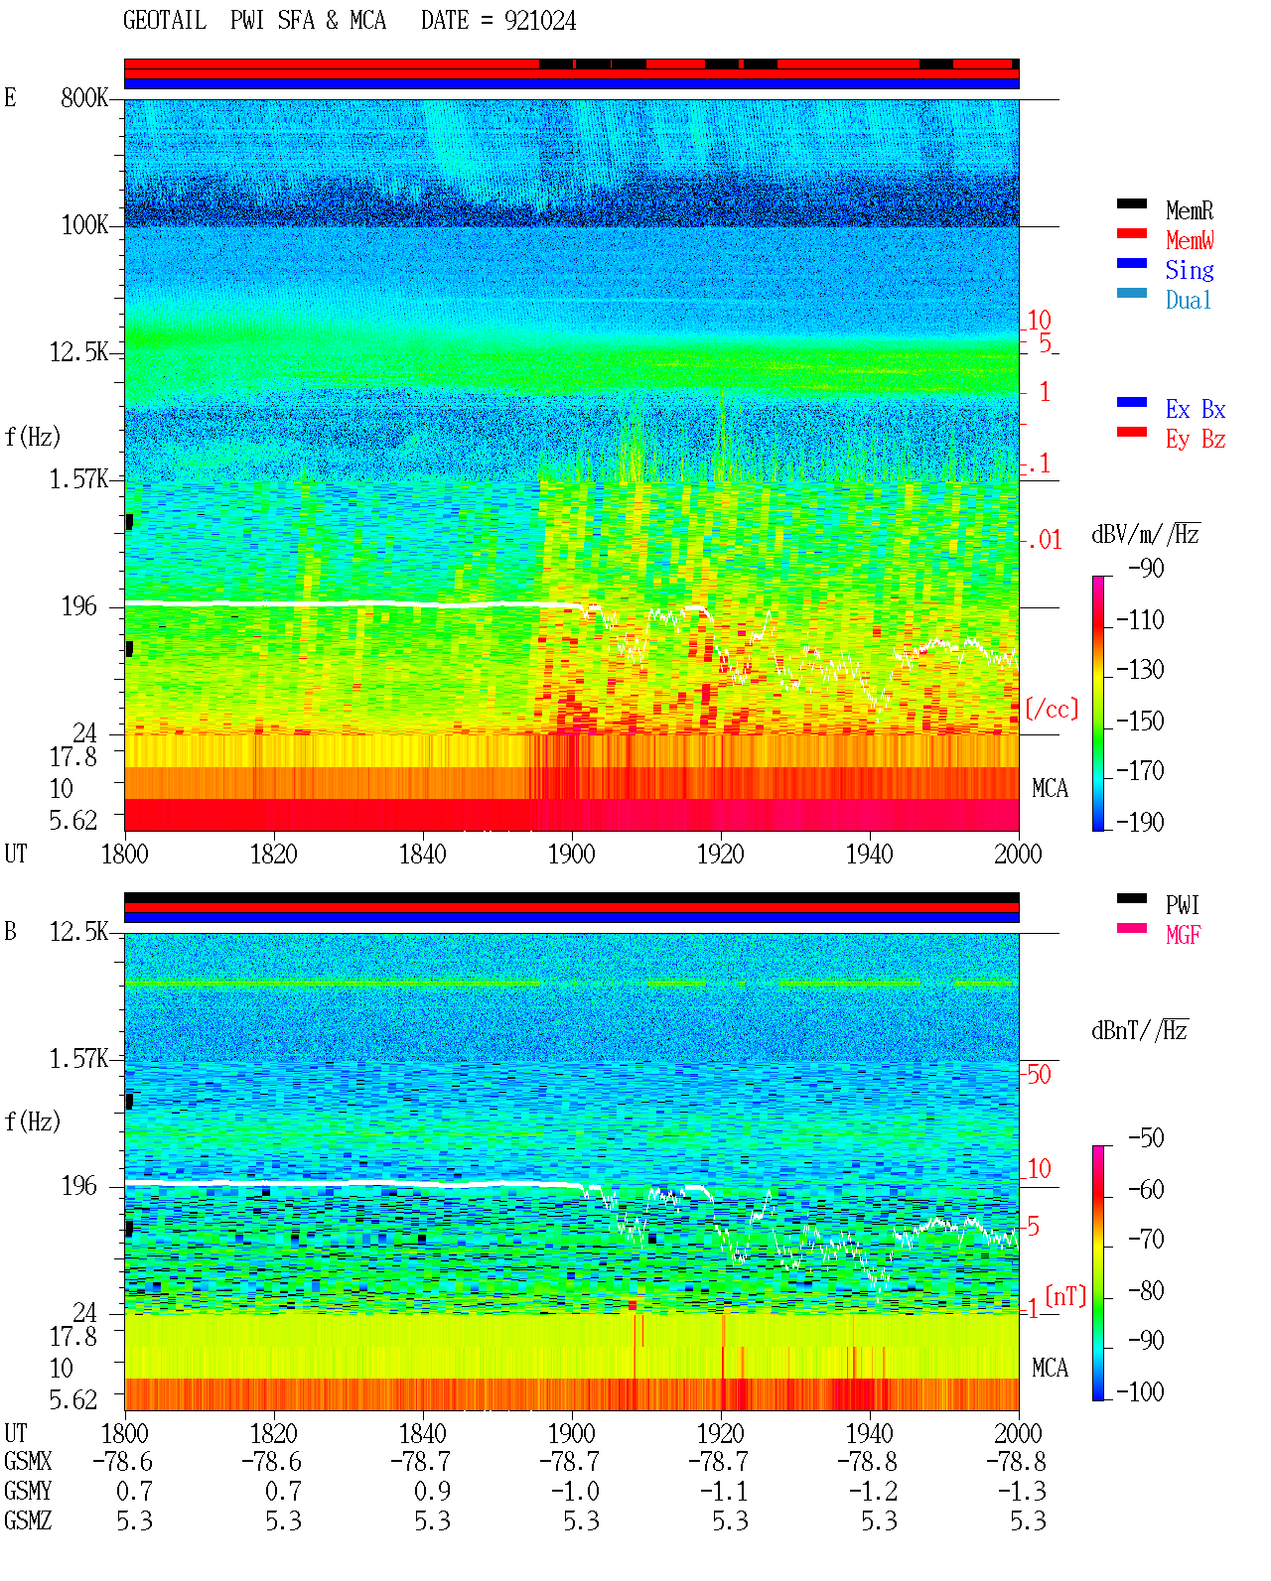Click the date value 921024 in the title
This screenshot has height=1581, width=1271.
tap(539, 21)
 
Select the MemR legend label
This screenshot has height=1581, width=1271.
tap(1189, 210)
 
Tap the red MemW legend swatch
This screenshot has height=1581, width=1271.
tap(1131, 233)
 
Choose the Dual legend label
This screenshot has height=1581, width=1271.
tap(1188, 300)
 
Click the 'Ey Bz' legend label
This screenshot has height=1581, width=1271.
tap(1195, 440)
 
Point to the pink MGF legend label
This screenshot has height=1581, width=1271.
tap(1183, 935)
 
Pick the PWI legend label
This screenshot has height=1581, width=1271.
tap(1182, 904)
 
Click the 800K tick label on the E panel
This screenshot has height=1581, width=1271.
tap(84, 97)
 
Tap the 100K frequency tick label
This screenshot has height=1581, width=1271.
tap(84, 225)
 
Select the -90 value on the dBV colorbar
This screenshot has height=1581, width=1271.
tap(1146, 568)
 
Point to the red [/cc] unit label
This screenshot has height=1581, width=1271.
tap(1052, 709)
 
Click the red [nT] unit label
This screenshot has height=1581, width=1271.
tap(1065, 1296)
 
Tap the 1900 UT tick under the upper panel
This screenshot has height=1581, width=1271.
tap(571, 854)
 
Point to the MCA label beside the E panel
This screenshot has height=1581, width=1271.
tap(1050, 788)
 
